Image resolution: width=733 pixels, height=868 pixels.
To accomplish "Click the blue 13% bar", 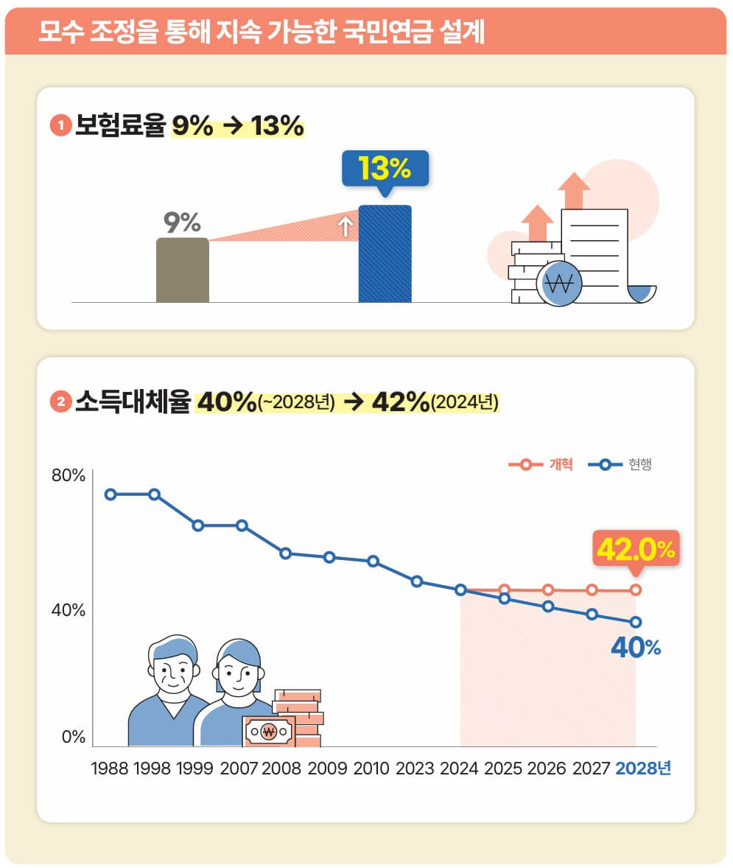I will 385,254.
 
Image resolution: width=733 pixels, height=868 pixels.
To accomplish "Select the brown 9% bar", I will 182,270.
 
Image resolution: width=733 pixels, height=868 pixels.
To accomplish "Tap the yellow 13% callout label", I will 384,169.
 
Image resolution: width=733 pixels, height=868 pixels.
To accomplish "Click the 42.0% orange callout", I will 636,549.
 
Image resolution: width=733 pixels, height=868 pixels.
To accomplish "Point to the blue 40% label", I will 636,648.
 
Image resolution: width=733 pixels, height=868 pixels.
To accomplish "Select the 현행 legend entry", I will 625,465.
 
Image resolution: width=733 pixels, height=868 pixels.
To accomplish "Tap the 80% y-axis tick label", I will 68,475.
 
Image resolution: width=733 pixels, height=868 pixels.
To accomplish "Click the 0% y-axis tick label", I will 73,737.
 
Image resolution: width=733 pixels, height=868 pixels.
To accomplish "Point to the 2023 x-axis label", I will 415,769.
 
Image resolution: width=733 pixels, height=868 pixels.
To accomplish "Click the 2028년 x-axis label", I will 643,769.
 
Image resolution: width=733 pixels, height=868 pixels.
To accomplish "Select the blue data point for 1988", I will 111,494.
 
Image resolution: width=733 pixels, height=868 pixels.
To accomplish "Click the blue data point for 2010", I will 373,561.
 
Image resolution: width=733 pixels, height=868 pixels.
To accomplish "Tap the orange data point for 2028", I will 636,589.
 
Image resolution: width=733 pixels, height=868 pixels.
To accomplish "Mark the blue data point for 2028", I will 636,622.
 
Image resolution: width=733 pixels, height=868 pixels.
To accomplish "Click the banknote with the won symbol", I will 268,732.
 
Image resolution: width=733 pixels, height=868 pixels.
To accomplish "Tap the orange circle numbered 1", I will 60,126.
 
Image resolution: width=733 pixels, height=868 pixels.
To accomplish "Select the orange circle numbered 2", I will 60,402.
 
